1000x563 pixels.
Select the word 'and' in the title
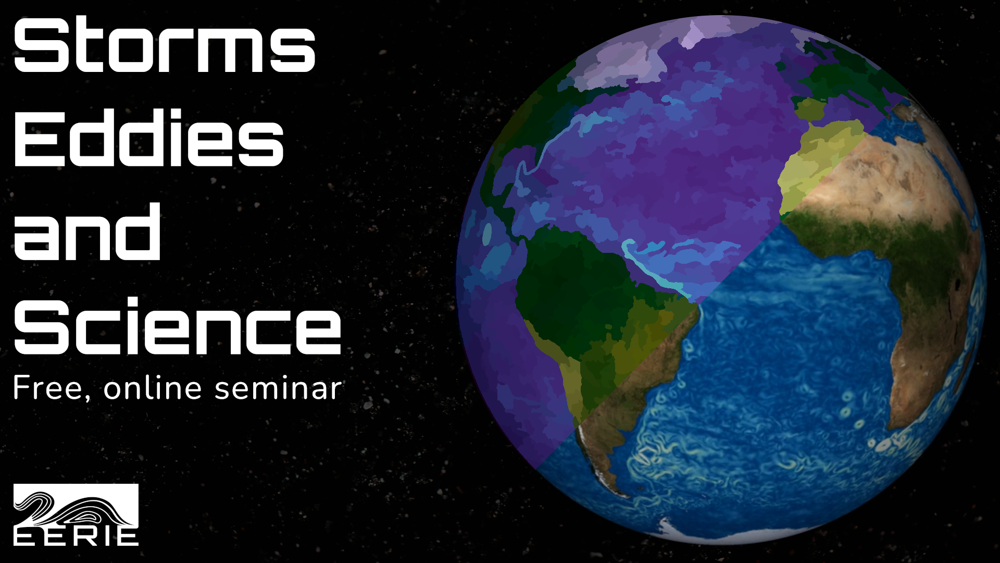(x=86, y=232)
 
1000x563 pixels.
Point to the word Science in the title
(x=177, y=326)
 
